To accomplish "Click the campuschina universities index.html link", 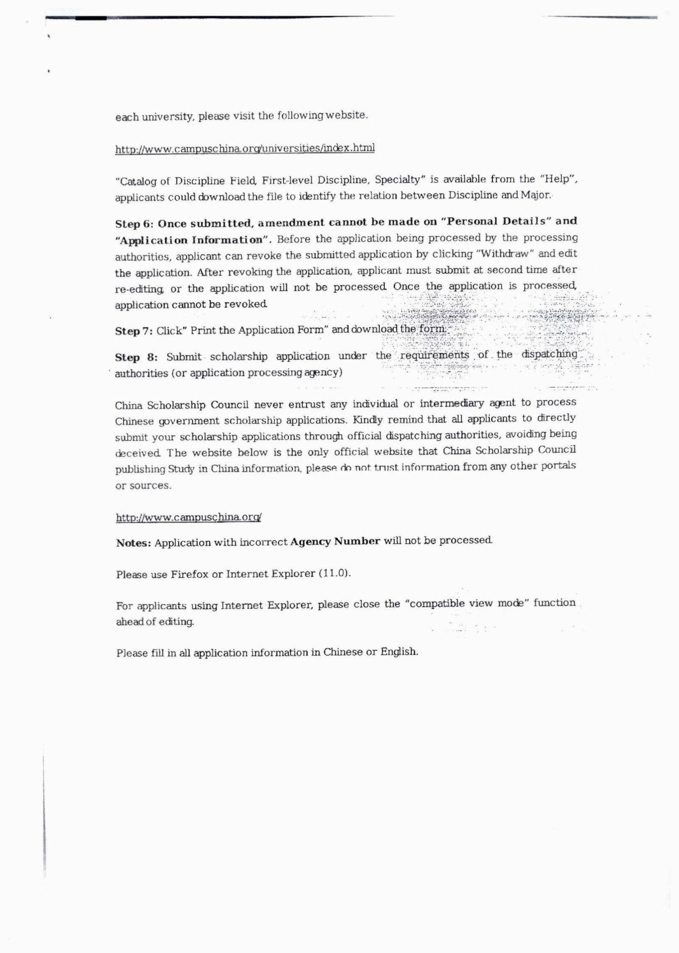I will point(245,148).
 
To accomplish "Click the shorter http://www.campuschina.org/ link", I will point(188,517).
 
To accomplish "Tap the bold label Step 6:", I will point(135,224).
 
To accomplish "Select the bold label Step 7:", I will point(134,331).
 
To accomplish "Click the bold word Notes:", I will point(133,543).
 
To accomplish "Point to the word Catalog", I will point(132,182).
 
